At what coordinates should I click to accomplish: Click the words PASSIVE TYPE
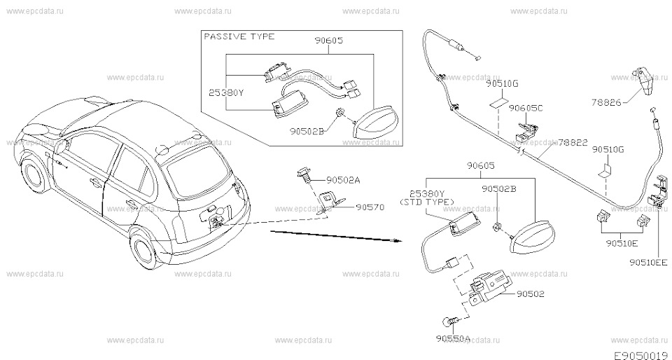pyautogui.click(x=239, y=36)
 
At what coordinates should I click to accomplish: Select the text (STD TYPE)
pyautogui.click(x=428, y=202)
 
